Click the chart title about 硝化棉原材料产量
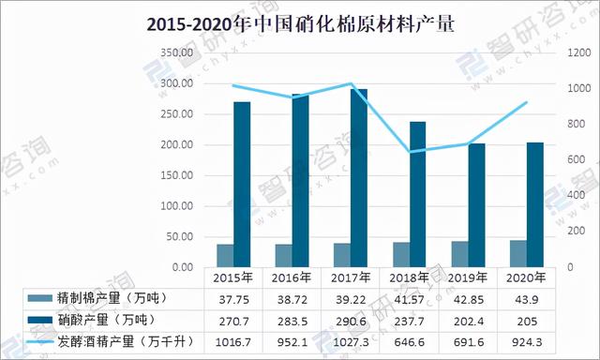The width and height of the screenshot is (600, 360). tap(300, 24)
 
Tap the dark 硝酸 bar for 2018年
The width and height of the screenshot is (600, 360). tap(418, 194)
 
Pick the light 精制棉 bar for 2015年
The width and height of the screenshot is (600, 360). tap(225, 256)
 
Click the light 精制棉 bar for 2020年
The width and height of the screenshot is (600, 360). tap(517, 254)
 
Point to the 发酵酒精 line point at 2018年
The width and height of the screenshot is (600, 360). tap(409, 152)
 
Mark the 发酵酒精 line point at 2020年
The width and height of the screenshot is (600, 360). tap(527, 102)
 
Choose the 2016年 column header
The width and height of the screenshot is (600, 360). tap(292, 277)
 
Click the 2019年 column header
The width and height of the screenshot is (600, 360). tap(468, 277)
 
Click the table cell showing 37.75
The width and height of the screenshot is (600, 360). tap(232, 297)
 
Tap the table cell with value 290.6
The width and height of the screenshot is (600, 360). tap(350, 319)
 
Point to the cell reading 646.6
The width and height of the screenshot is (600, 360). tap(409, 339)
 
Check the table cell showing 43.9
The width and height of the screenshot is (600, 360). tap(527, 297)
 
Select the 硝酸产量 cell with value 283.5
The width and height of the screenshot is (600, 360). tap(292, 319)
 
